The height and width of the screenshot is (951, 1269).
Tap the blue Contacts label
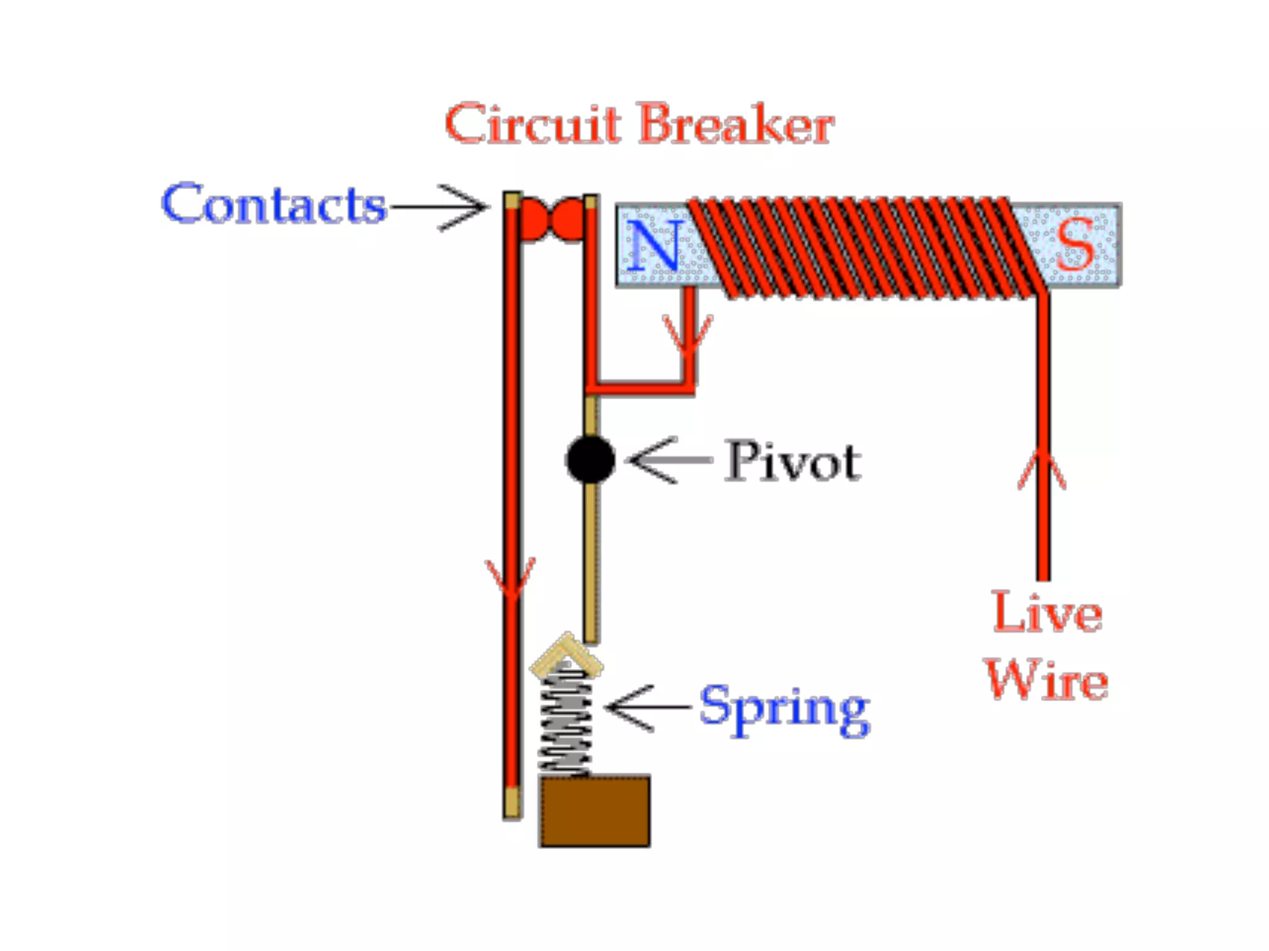click(x=273, y=204)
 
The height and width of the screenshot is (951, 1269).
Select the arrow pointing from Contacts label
click(x=440, y=207)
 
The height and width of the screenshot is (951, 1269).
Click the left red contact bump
click(x=534, y=219)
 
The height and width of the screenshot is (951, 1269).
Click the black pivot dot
click(x=591, y=459)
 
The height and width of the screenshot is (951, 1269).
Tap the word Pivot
click(x=793, y=461)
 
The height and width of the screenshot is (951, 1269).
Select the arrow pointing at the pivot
click(x=669, y=460)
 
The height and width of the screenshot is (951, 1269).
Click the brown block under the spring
click(x=595, y=810)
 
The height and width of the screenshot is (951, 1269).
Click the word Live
click(x=1047, y=612)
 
